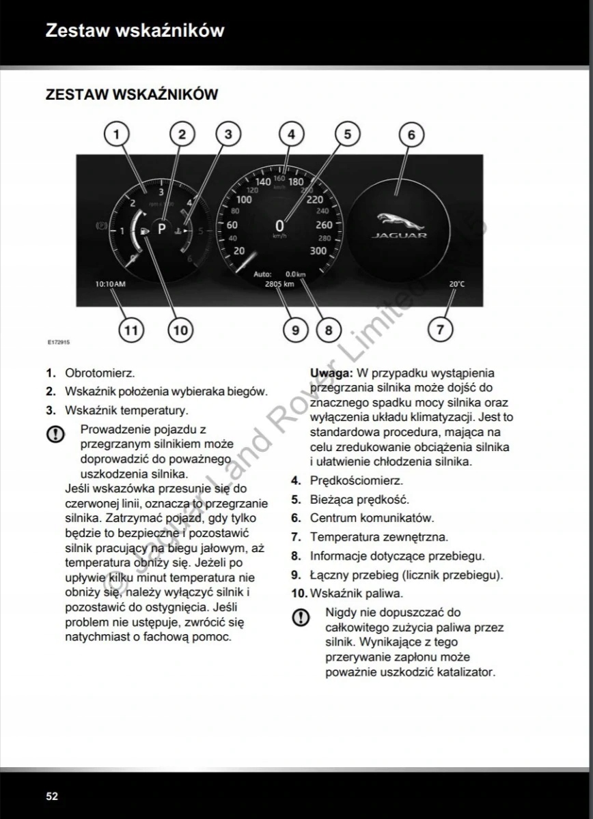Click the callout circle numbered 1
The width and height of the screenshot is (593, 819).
pyautogui.click(x=117, y=134)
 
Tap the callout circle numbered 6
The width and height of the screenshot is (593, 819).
pyautogui.click(x=411, y=134)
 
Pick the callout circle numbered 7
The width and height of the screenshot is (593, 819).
pyautogui.click(x=440, y=330)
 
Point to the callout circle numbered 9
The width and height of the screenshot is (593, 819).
pyautogui.click(x=295, y=330)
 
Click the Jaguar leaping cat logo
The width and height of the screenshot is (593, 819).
pyautogui.click(x=399, y=220)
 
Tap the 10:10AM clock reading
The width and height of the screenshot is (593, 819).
pyautogui.click(x=110, y=284)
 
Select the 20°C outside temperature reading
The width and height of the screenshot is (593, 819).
pyautogui.click(x=456, y=284)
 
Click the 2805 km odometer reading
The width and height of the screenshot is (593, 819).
pyautogui.click(x=279, y=284)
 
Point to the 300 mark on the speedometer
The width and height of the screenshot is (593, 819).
pyautogui.click(x=318, y=251)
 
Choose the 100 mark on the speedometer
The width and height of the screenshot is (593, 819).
pyautogui.click(x=243, y=200)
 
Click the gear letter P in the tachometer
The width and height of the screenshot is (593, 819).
pyautogui.click(x=162, y=229)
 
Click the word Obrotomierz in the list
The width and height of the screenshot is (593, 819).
pyautogui.click(x=100, y=373)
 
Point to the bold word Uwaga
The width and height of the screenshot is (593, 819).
pyautogui.click(x=331, y=373)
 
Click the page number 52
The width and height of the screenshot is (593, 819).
pyautogui.click(x=52, y=796)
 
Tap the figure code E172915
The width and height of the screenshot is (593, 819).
pyautogui.click(x=59, y=343)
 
